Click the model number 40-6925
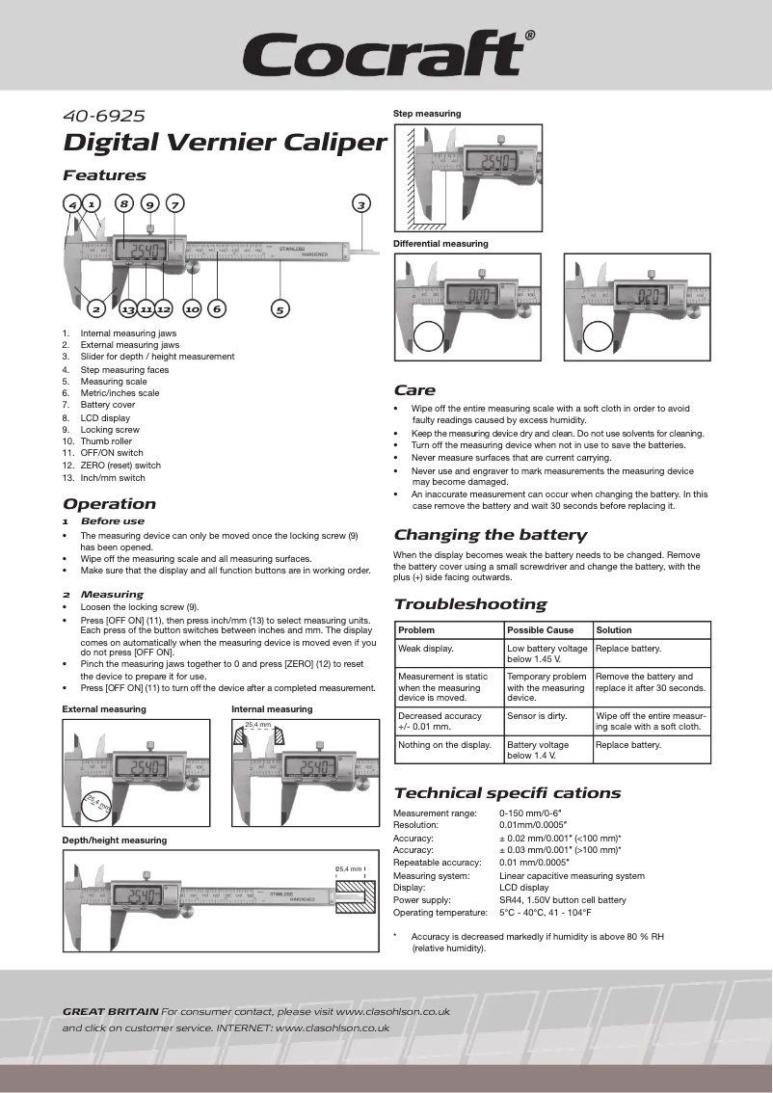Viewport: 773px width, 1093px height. pyautogui.click(x=103, y=116)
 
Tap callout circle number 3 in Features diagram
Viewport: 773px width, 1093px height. pyautogui.click(x=360, y=204)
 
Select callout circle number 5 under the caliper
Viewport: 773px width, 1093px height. pyautogui.click(x=280, y=309)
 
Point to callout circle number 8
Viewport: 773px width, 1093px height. pyautogui.click(x=123, y=203)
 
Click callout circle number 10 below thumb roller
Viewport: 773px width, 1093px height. pyautogui.click(x=192, y=309)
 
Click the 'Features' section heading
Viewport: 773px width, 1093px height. pyautogui.click(x=104, y=175)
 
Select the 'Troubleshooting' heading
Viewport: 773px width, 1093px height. pyautogui.click(x=469, y=604)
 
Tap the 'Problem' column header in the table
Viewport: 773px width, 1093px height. pyautogui.click(x=416, y=630)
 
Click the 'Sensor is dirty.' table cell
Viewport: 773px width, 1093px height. pyautogui.click(x=537, y=716)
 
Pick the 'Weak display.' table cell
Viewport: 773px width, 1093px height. pyautogui.click(x=426, y=649)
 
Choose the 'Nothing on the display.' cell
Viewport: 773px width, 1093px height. pyautogui.click(x=444, y=744)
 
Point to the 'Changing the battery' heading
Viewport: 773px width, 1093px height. pyautogui.click(x=490, y=535)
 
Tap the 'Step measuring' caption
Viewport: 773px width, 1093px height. pyautogui.click(x=427, y=114)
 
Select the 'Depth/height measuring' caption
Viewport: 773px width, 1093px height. pyautogui.click(x=115, y=840)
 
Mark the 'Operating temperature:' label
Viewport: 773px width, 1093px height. pyautogui.click(x=440, y=913)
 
